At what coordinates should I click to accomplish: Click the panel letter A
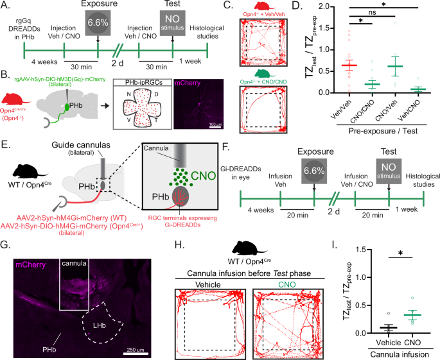[4, 6]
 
